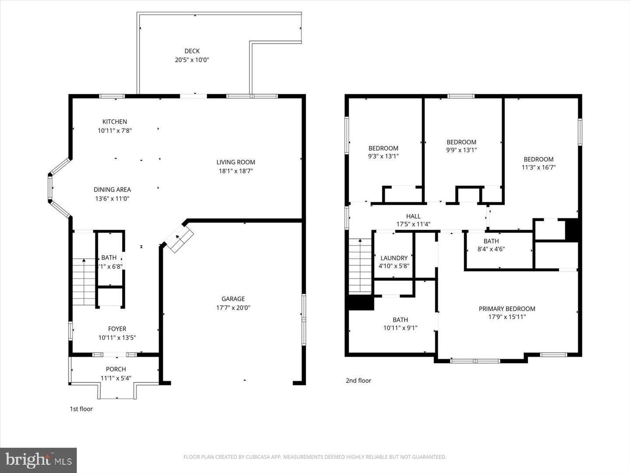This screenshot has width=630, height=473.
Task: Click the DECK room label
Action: [x=192, y=51]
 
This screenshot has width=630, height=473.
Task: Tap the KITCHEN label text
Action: [x=115, y=122]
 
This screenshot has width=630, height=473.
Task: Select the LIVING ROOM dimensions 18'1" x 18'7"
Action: [x=235, y=171]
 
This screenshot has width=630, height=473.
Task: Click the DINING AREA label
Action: [x=112, y=190]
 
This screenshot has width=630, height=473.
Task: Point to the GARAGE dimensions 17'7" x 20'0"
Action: [x=233, y=308]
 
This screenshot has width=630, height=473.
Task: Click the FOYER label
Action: [x=117, y=329]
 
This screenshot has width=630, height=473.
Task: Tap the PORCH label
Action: [x=115, y=369]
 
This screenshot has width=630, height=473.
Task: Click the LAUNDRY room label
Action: [x=394, y=258]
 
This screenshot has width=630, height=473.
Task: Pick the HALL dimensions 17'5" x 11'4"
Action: [x=413, y=224]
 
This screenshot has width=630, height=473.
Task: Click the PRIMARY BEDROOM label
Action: [x=507, y=309]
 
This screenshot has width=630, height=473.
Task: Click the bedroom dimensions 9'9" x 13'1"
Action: [x=461, y=150]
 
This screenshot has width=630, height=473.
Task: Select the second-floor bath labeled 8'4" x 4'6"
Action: [x=491, y=245]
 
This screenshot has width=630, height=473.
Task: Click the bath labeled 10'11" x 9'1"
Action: [x=400, y=324]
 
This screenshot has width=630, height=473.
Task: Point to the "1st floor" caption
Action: [x=81, y=409]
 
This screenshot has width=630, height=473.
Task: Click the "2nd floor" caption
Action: [x=358, y=381]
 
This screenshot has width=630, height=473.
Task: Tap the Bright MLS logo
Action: [x=38, y=460]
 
